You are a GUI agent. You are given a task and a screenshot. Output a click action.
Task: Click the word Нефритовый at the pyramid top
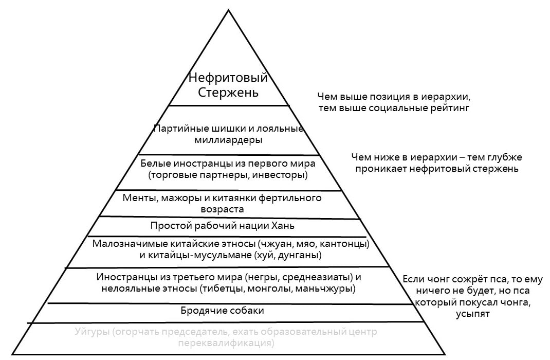click(x=228, y=79)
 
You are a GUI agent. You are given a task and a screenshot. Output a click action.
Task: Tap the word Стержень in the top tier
click(x=228, y=93)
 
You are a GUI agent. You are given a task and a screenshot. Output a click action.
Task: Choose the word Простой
click(x=168, y=226)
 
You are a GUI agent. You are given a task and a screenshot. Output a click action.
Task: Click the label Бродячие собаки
click(x=222, y=311)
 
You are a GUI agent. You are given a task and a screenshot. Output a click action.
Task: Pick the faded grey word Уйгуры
click(x=92, y=332)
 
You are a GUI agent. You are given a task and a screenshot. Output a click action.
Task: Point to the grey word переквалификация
click(x=222, y=343)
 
